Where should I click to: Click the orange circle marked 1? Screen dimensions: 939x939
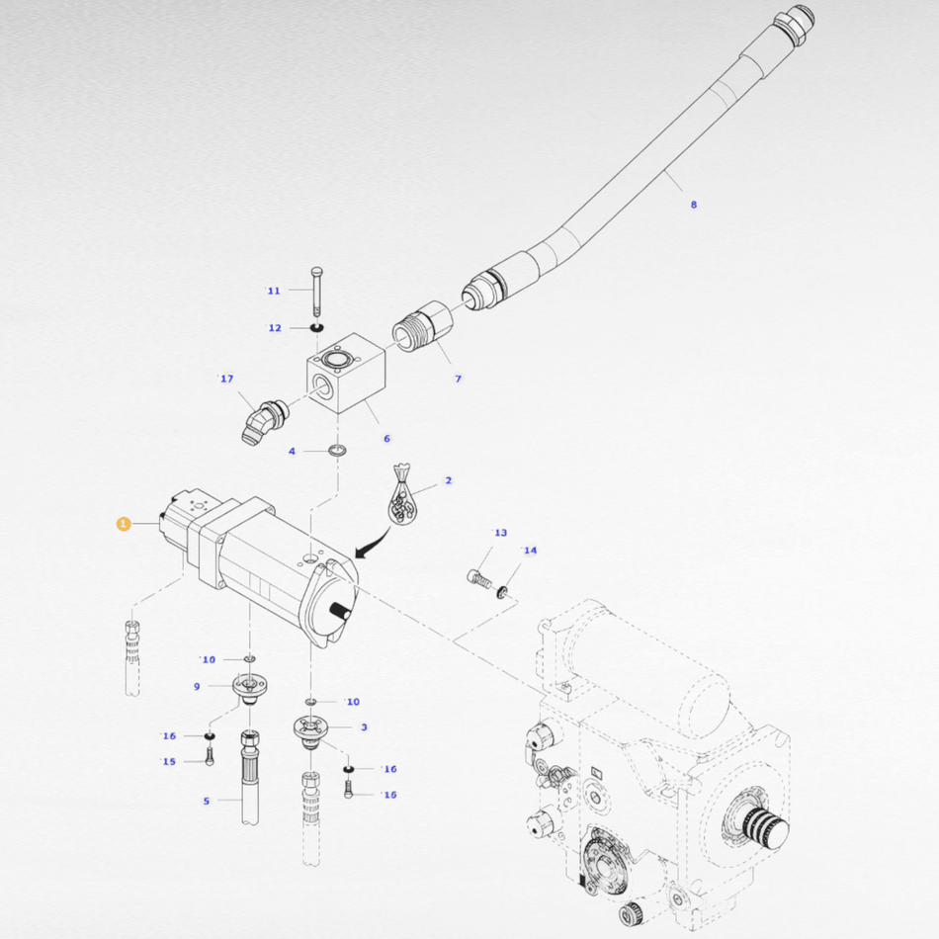[124, 524]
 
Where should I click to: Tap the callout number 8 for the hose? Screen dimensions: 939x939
[694, 205]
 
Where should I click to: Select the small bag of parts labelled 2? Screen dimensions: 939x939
[402, 493]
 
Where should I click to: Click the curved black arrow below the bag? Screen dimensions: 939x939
[372, 543]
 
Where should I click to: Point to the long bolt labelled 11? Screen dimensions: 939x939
[317, 291]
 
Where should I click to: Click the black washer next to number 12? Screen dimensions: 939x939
[317, 327]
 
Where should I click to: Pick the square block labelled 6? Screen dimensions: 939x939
[346, 373]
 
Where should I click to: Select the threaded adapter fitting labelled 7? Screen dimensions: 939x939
[423, 326]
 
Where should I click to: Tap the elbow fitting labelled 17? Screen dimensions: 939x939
[264, 421]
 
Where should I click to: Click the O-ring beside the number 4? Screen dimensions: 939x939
[338, 451]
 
